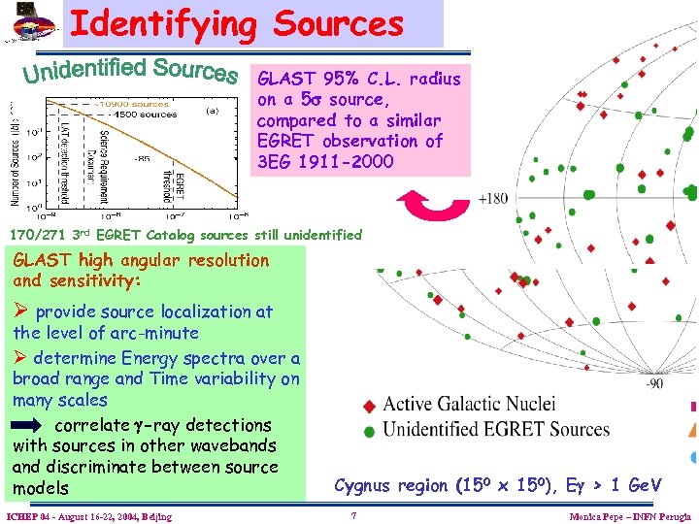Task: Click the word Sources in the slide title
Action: [x=338, y=23]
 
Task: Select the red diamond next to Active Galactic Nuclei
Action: [x=368, y=406]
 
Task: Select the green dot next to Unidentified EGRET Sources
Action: [x=368, y=431]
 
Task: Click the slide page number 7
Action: [x=355, y=515]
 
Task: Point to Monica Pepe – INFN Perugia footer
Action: [x=630, y=516]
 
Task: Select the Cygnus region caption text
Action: [x=497, y=485]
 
